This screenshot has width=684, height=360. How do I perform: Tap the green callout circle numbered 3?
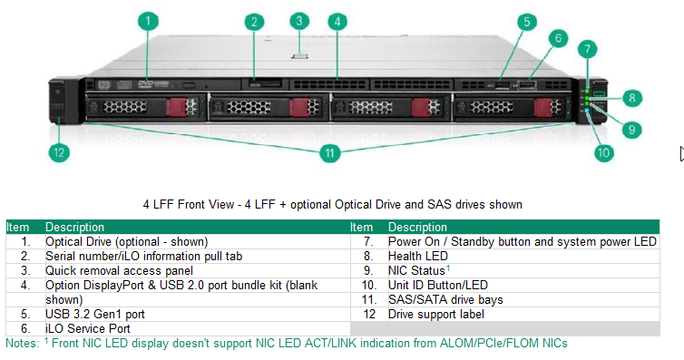pyautogui.click(x=299, y=20)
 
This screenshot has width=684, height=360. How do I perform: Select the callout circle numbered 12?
pyautogui.click(x=58, y=152)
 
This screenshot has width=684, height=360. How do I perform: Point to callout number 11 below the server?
pyautogui.click(x=330, y=152)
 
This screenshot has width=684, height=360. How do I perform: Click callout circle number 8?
pyautogui.click(x=632, y=95)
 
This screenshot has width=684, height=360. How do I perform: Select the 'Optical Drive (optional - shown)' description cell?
pyautogui.click(x=126, y=242)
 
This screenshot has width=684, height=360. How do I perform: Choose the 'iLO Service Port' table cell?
pyautogui.click(x=88, y=327)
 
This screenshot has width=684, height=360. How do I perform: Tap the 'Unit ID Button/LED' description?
pyautogui.click(x=438, y=285)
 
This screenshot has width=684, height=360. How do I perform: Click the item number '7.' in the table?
pyautogui.click(x=368, y=242)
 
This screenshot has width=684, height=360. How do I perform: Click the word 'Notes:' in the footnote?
pyautogui.click(x=22, y=343)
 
